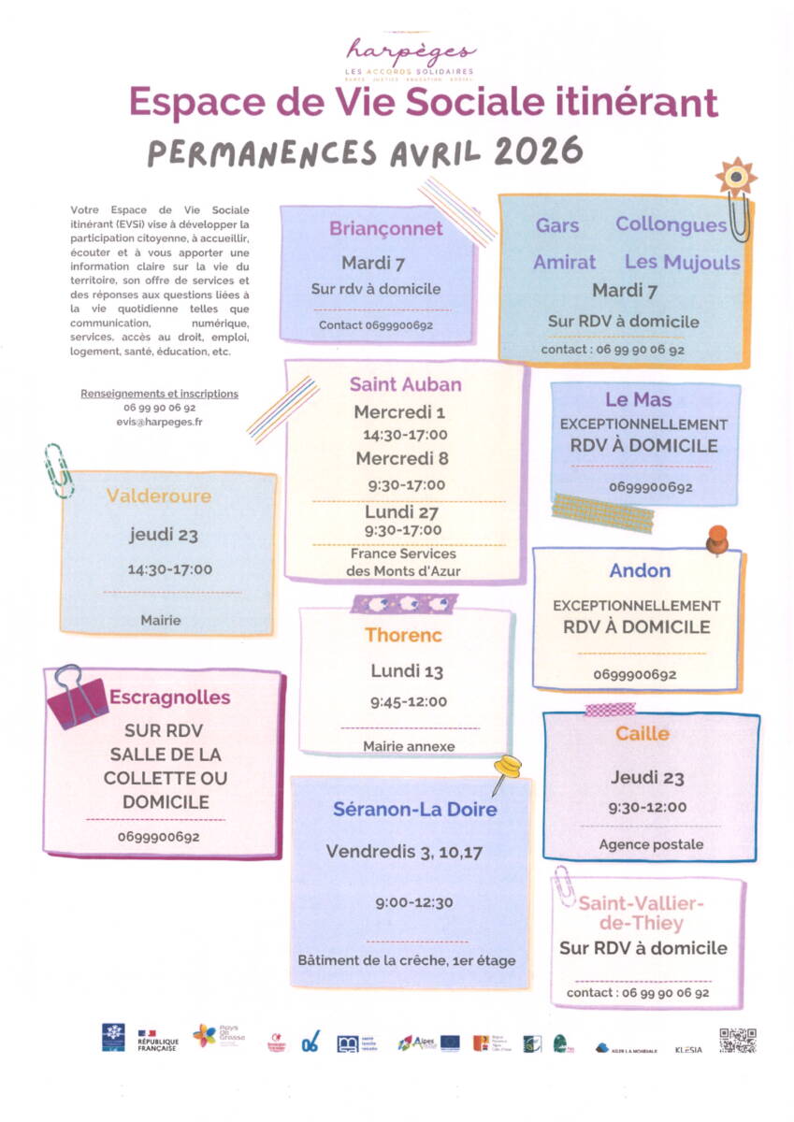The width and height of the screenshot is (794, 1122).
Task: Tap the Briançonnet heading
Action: [x=385, y=229]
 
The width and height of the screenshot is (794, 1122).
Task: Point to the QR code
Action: [x=737, y=1040]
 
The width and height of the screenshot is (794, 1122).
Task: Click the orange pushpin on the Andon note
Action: [x=716, y=539]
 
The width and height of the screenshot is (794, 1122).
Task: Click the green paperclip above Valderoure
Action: [x=59, y=469]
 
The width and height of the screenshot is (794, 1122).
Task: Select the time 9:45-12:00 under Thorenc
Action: [x=409, y=702]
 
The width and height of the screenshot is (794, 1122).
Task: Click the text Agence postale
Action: [x=651, y=844]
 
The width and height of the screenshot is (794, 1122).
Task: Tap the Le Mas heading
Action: [x=639, y=400]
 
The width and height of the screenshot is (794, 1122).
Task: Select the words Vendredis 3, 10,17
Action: [x=404, y=852]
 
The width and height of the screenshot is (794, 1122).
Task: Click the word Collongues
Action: [x=671, y=225]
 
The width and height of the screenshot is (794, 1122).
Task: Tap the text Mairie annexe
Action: [x=409, y=746]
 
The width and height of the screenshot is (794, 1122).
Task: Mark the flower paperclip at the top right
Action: [x=737, y=187]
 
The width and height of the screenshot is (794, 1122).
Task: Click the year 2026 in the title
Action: [x=538, y=151]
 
